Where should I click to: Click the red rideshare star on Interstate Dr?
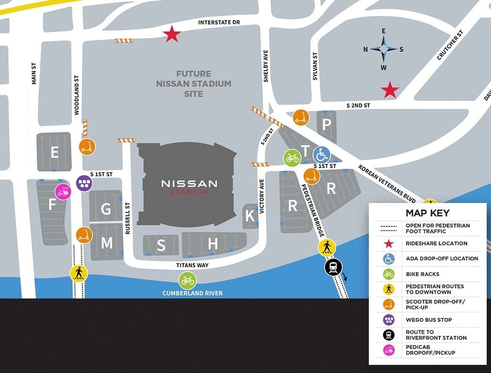click(172, 34)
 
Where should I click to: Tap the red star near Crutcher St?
click(390, 90)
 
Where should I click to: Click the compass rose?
click(384, 49)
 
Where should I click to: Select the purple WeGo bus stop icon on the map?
click(84, 183)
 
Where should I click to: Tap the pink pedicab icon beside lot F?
click(63, 192)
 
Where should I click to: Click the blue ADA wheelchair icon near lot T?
click(322, 154)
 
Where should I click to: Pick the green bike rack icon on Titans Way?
click(188, 280)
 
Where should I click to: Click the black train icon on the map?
click(333, 267)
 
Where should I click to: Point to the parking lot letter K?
click(250, 216)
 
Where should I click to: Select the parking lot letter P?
click(326, 125)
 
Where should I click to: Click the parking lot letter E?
click(54, 152)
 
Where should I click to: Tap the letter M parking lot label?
click(106, 244)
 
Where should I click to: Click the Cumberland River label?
click(192, 293)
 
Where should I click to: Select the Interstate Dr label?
click(219, 22)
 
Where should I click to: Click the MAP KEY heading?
click(428, 213)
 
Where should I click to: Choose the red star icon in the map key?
click(389, 244)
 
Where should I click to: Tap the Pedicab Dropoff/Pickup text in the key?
click(430, 350)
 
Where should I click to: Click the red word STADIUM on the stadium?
click(189, 192)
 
